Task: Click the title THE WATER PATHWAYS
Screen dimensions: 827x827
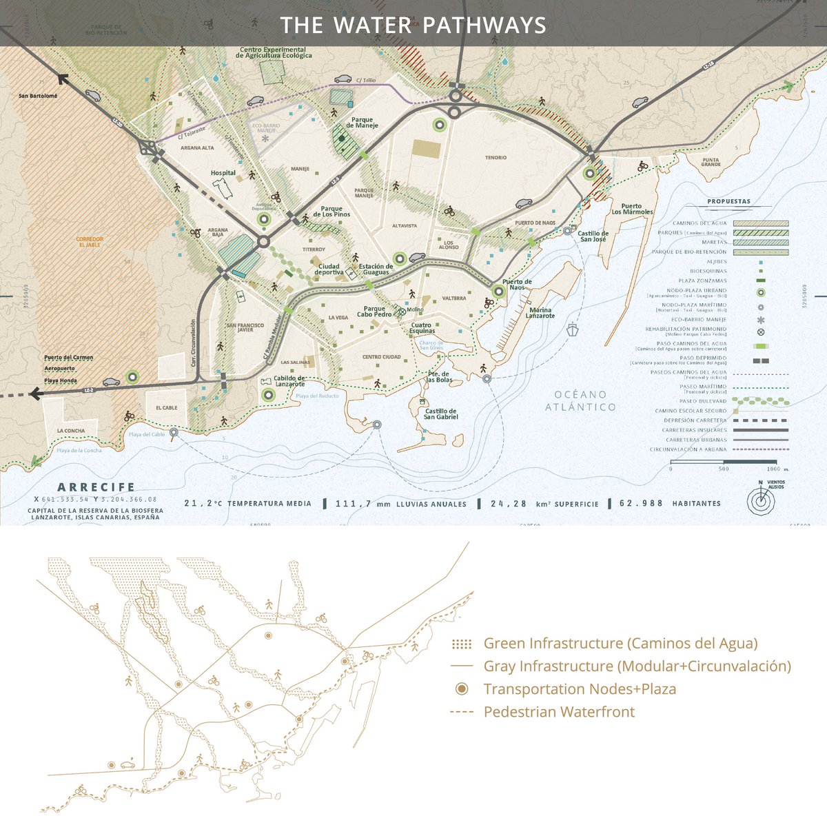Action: click(413, 25)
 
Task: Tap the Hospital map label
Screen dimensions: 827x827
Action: click(223, 173)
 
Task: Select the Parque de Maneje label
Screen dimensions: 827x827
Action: click(363, 122)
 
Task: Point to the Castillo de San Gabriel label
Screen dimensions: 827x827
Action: click(441, 414)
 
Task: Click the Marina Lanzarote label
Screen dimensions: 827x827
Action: click(540, 313)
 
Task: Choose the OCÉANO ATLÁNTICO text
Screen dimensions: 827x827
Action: click(580, 400)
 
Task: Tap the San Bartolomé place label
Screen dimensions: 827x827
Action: click(38, 96)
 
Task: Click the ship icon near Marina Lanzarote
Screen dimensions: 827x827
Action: click(573, 329)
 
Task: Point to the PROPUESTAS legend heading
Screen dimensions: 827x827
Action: click(728, 202)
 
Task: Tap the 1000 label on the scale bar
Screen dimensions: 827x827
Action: click(771, 469)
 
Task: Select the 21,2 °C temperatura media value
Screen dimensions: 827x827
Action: click(203, 504)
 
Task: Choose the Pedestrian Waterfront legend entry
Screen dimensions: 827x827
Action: click(559, 712)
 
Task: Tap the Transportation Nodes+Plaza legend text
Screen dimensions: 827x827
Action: click(580, 689)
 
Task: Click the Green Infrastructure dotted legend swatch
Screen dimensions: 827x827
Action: click(462, 644)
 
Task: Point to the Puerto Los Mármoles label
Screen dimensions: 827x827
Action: click(636, 209)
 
